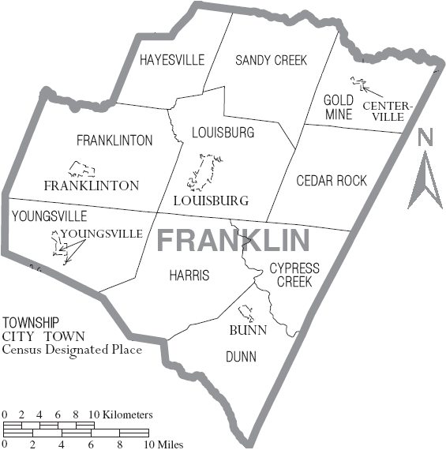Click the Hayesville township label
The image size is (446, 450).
click(171, 60)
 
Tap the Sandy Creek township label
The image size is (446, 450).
click(271, 60)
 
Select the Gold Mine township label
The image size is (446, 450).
click(338, 107)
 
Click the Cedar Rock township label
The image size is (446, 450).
click(332, 181)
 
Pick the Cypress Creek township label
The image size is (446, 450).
click(294, 275)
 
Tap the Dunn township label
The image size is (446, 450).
click(241, 357)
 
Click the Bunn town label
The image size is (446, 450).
click(248, 330)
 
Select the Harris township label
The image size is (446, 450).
click(189, 276)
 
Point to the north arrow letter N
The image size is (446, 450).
click(426, 138)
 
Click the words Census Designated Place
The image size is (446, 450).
click(72, 349)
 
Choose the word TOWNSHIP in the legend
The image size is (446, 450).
click(30, 323)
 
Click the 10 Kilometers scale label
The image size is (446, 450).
click(120, 414)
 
